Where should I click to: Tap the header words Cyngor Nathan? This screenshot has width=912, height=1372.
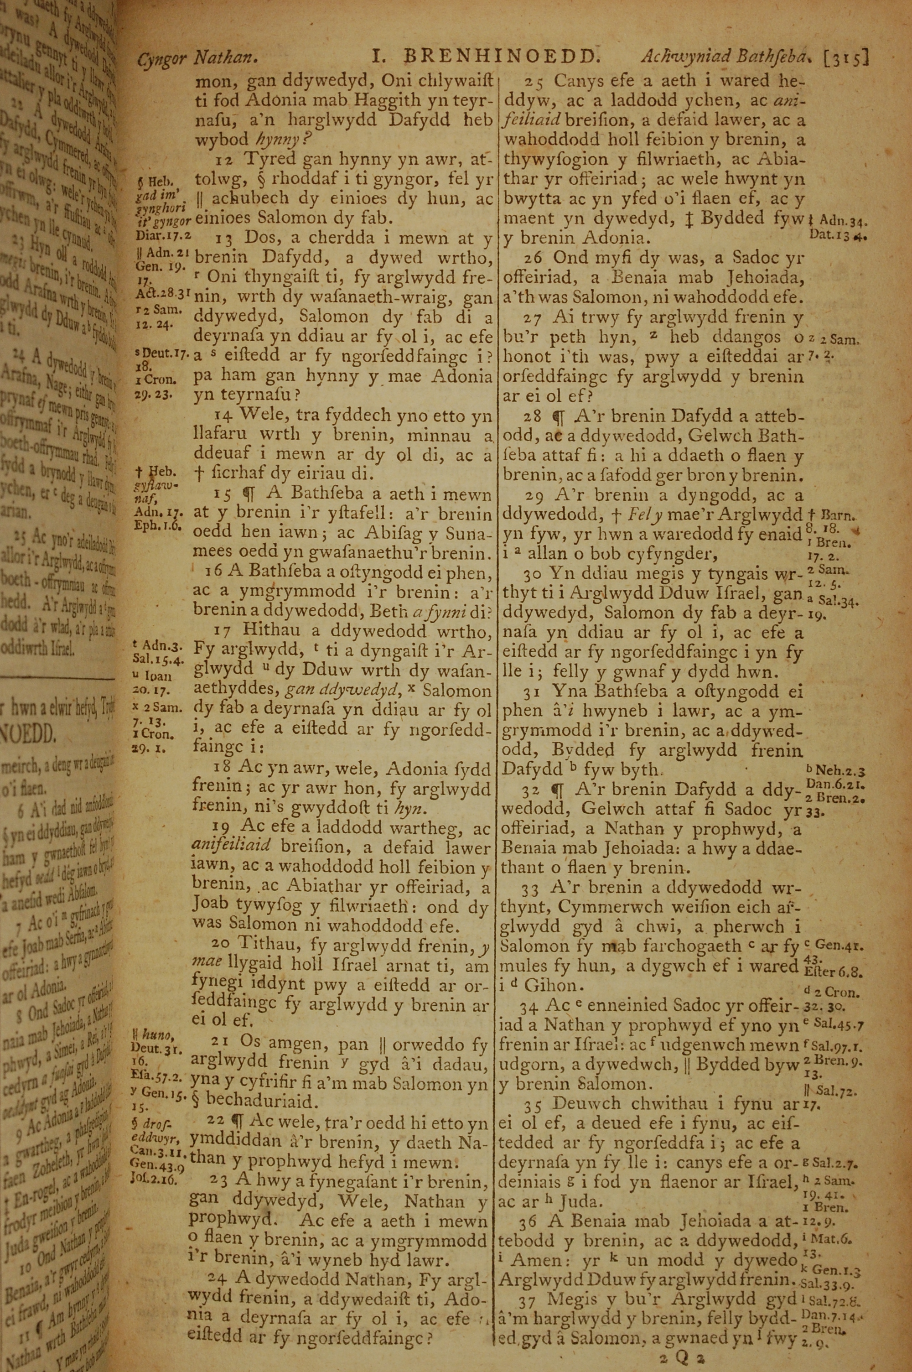point(197,58)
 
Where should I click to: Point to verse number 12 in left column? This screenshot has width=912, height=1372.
point(223,159)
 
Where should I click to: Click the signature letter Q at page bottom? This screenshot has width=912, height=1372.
point(682,1357)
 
